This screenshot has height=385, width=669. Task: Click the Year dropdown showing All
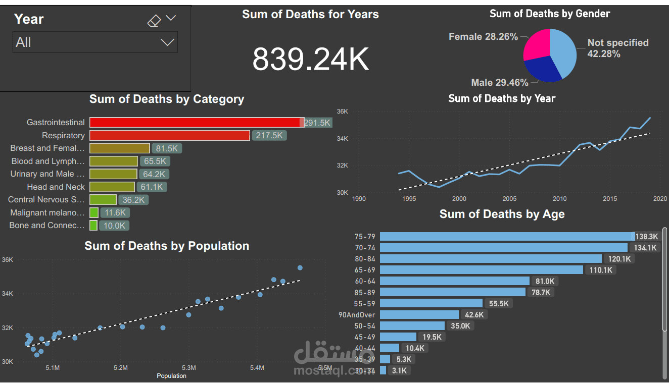pyautogui.click(x=95, y=42)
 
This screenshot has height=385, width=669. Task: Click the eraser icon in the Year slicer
pyautogui.click(x=154, y=21)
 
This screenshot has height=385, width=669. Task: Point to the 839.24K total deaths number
pyautogui.click(x=310, y=59)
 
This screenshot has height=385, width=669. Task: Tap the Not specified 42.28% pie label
pyautogui.click(x=617, y=48)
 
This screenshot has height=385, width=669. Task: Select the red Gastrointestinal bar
pyautogui.click(x=195, y=123)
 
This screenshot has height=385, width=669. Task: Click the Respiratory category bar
pyautogui.click(x=170, y=135)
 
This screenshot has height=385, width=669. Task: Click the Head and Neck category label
pyautogui.click(x=56, y=187)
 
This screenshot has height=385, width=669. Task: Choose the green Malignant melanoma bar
pyautogui.click(x=94, y=212)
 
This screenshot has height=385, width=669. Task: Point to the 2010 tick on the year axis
pyautogui.click(x=559, y=199)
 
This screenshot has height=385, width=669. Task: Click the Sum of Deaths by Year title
pyautogui.click(x=502, y=98)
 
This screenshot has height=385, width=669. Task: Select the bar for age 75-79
pyautogui.click(x=507, y=236)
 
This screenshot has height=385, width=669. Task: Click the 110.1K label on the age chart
pyautogui.click(x=601, y=270)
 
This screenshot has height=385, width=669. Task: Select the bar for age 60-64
pyautogui.click(x=454, y=281)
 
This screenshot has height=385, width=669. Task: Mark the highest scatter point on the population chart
pyautogui.click(x=300, y=268)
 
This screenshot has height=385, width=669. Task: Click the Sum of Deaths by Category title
pyautogui.click(x=167, y=99)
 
